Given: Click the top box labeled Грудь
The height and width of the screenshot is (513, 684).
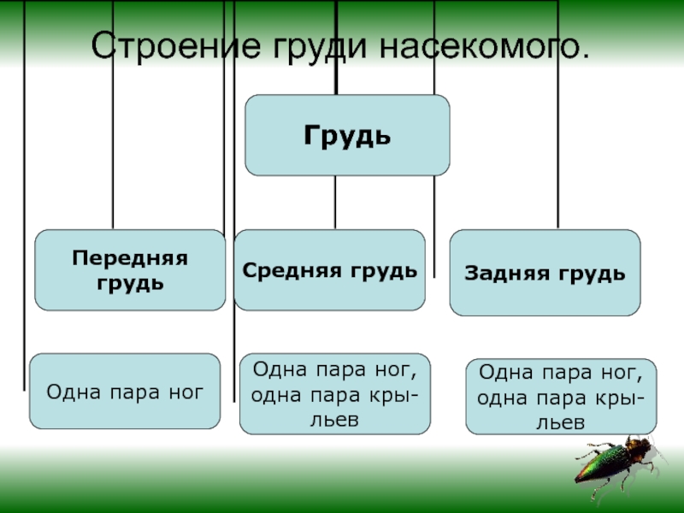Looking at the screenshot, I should coord(347,135).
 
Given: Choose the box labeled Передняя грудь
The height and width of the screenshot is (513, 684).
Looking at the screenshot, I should coord(130,269).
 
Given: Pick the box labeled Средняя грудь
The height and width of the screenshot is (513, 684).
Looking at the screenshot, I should coord(329,269).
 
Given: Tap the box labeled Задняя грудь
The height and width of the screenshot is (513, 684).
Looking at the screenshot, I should coord(545,273).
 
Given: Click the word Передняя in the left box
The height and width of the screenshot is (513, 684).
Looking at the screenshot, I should coord(130,257).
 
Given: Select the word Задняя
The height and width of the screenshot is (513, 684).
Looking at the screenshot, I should coord(498,274).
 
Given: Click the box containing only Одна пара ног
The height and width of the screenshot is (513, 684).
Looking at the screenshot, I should coord(125,392).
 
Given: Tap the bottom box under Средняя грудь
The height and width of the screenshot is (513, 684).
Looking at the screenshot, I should coord(335,393).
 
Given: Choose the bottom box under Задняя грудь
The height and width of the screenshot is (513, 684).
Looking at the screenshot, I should coord(561,397).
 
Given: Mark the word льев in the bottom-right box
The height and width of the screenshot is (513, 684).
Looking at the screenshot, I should coord(561,422).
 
